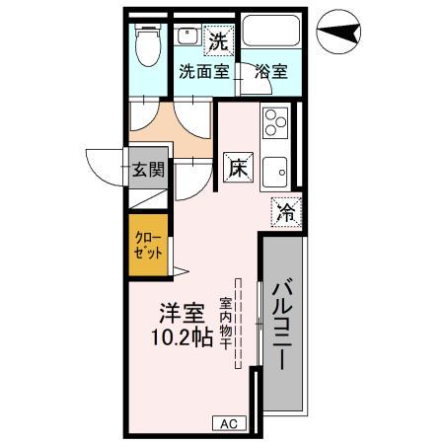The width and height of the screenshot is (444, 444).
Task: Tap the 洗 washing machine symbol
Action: (217, 41)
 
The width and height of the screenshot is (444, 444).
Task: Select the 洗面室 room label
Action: (203, 72)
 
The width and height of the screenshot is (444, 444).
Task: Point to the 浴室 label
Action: (269, 72)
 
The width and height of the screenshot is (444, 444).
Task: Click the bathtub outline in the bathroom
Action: (271, 33)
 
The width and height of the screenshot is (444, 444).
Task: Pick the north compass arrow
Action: (341, 33)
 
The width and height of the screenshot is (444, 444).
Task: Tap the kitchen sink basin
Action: (272, 170)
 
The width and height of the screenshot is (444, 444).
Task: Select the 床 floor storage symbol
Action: (238, 168)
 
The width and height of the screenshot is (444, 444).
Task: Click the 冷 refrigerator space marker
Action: (285, 211)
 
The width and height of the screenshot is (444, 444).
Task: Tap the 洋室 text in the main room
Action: (183, 316)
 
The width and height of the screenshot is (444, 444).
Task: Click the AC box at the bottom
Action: (228, 423)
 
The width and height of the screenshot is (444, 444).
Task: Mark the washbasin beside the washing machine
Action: (187, 37)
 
